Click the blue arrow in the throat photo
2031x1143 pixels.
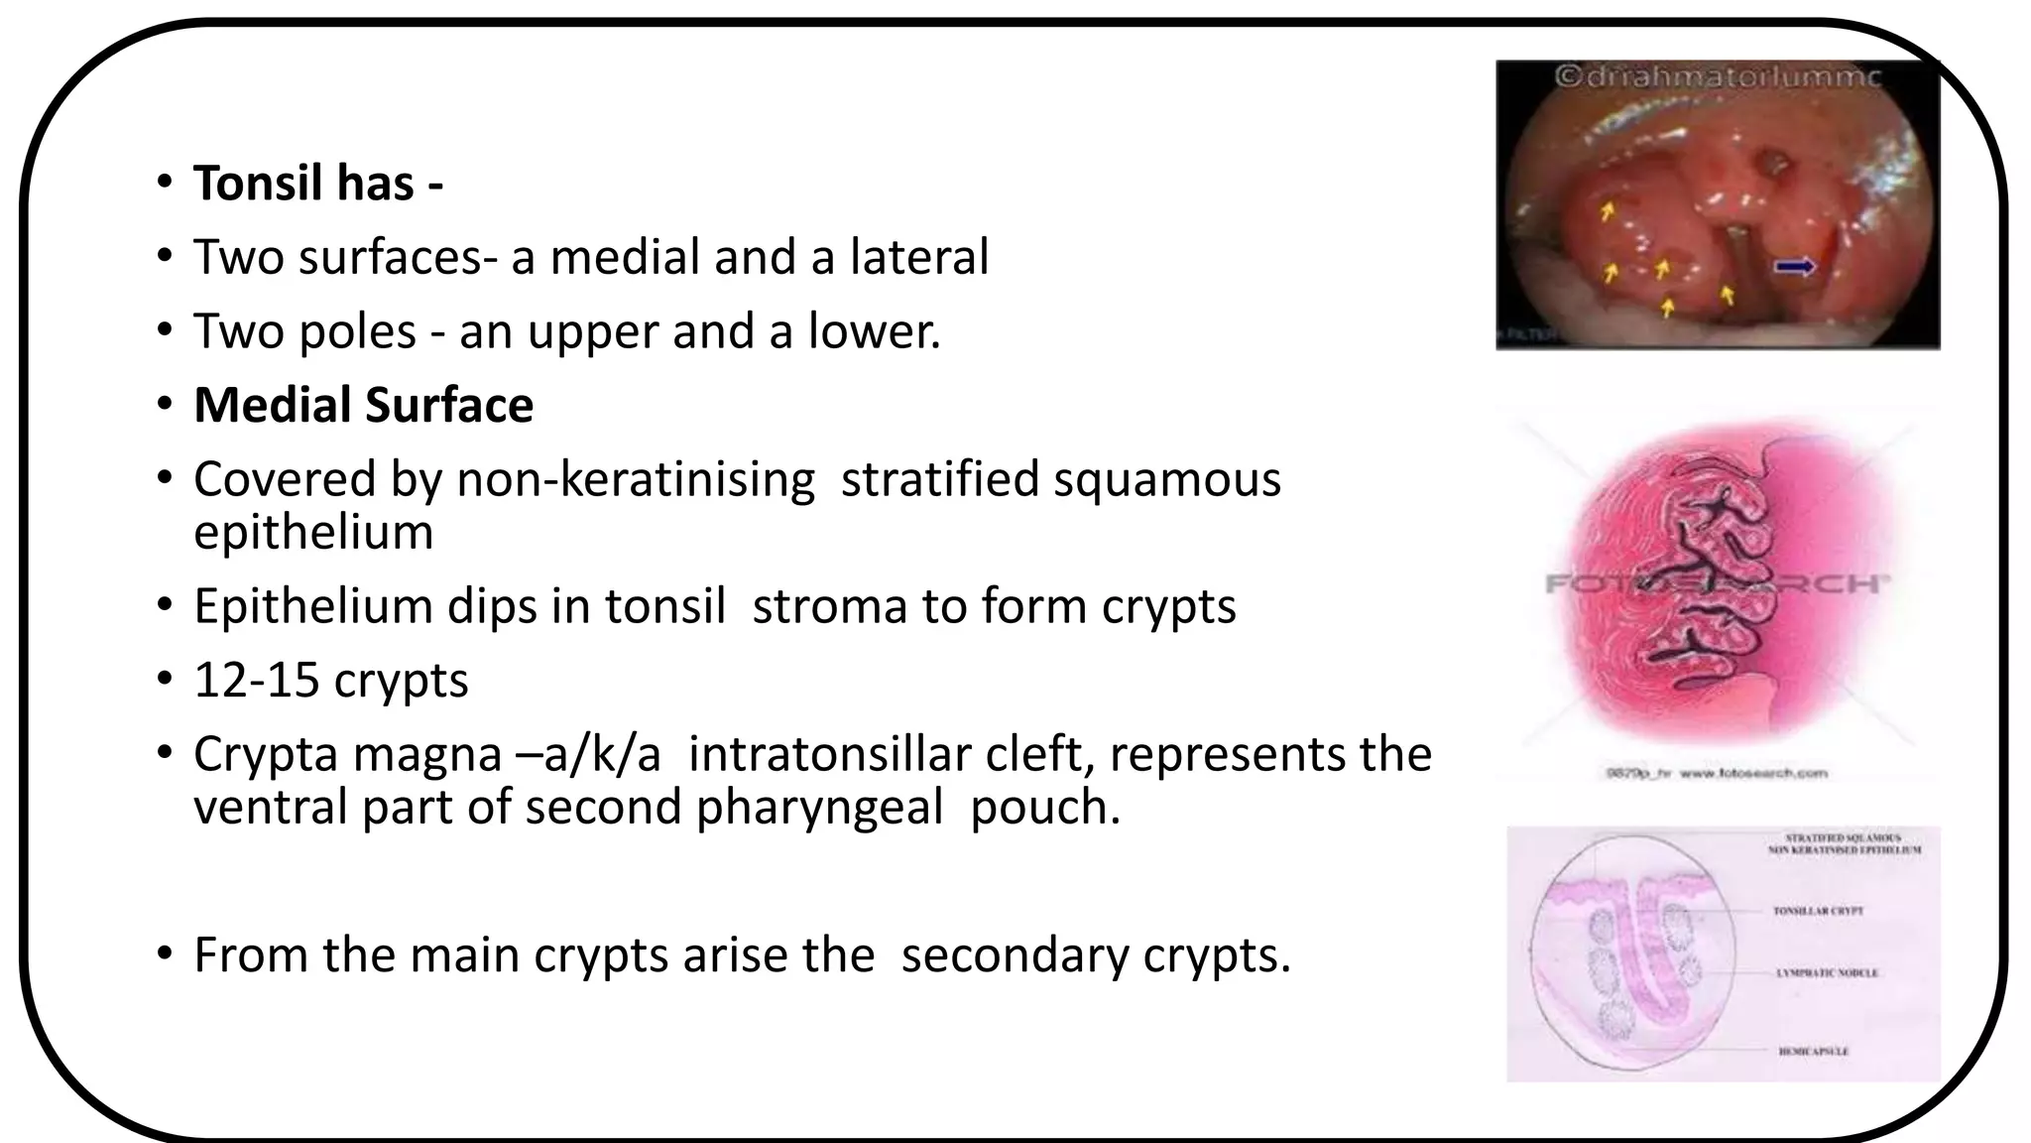click(1795, 265)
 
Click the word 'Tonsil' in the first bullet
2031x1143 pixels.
click(257, 184)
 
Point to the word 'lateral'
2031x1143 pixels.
click(919, 257)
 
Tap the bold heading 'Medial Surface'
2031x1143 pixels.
click(363, 405)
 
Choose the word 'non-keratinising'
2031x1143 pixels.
click(636, 479)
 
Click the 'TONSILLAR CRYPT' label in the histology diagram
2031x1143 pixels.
click(1818, 911)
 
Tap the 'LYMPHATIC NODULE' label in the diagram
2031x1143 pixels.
click(1827, 973)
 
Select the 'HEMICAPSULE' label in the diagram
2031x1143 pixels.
click(1813, 1052)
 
